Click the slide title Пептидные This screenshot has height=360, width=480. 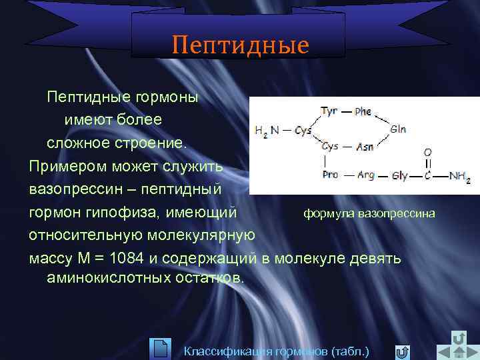click(240, 45)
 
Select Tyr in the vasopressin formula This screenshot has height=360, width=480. click(329, 111)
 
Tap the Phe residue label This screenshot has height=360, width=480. click(363, 112)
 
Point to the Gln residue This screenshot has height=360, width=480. click(399, 129)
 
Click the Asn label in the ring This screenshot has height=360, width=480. click(364, 147)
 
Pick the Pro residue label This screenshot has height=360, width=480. click(329, 175)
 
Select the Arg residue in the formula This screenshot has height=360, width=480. click(365, 175)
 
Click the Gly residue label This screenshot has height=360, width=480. click(400, 176)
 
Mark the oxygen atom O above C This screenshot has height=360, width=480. click(428, 152)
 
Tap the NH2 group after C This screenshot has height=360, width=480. click(459, 177)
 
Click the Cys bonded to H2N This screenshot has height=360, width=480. click(303, 131)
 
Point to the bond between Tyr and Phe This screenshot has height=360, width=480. click(346, 112)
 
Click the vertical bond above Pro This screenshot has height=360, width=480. click(325, 161)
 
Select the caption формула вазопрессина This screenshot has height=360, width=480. click(369, 214)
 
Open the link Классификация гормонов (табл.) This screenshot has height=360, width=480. click(276, 351)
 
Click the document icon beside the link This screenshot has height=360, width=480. click(161, 349)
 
